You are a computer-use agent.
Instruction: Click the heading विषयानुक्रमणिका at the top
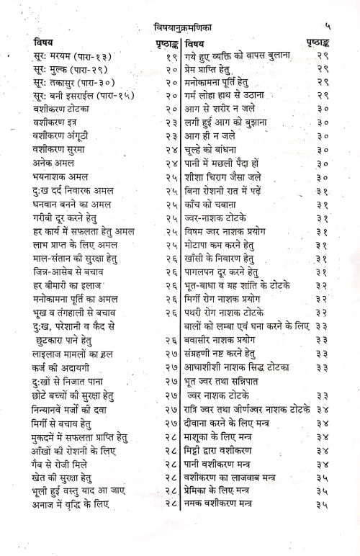pyautogui.click(x=182, y=27)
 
